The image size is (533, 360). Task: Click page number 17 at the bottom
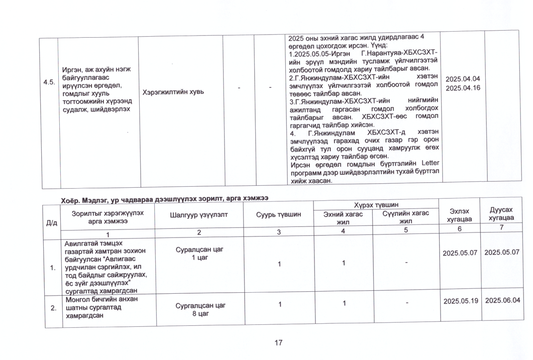pyautogui.click(x=278, y=343)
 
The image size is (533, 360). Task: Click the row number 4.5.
pyautogui.click(x=49, y=82)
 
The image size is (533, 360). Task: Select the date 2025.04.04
pyautogui.click(x=463, y=79)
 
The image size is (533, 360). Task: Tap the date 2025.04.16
pyautogui.click(x=463, y=88)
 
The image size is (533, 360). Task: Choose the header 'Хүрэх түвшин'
pyautogui.click(x=376, y=205)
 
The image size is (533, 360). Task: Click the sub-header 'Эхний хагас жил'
pyautogui.click(x=343, y=217)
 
